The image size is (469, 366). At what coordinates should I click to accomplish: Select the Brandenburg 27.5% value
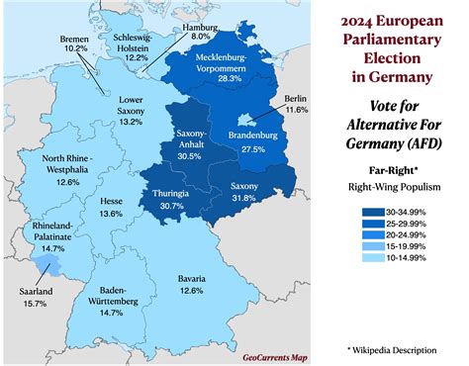coord(244,148)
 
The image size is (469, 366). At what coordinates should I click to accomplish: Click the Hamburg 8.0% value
coord(201,36)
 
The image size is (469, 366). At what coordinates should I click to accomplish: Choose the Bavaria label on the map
coord(206,278)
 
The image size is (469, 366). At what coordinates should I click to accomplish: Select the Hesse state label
coord(111,201)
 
